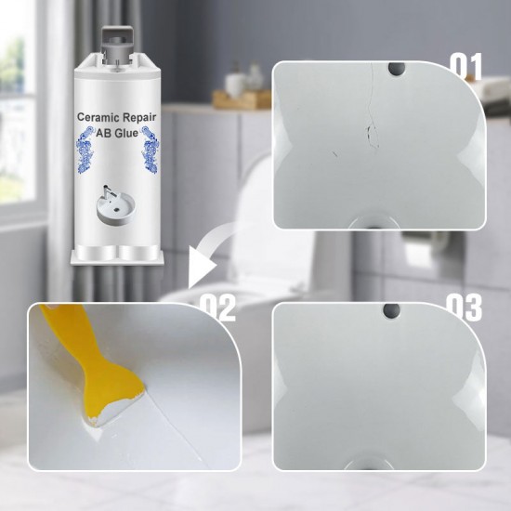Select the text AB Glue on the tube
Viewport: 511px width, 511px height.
tap(120, 133)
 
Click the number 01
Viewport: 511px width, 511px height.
tap(467, 65)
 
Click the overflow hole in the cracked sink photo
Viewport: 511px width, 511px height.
tap(397, 68)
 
